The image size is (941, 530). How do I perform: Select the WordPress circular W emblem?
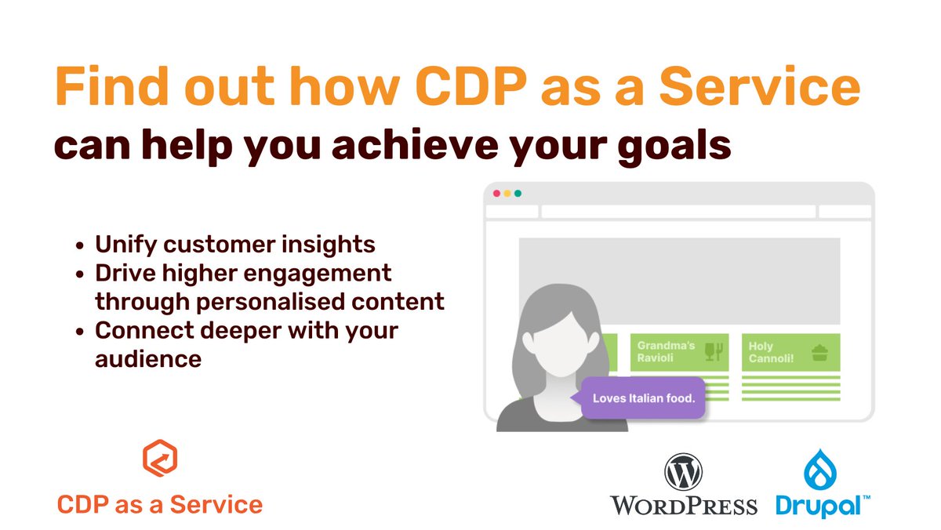click(x=682, y=474)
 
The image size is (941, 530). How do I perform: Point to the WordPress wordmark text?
click(x=684, y=505)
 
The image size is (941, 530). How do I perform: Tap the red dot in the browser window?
click(x=496, y=194)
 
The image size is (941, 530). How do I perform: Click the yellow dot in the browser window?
click(x=507, y=194)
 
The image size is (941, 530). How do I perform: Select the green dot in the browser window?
click(x=518, y=194)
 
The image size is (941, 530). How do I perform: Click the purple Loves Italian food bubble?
click(x=643, y=398)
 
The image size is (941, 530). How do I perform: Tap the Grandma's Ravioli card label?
click(x=666, y=351)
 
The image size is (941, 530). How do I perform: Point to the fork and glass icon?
click(x=713, y=352)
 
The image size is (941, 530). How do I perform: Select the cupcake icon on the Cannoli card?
click(x=820, y=352)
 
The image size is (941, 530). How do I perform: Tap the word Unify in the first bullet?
click(x=125, y=245)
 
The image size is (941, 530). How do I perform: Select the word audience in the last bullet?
click(x=148, y=359)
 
